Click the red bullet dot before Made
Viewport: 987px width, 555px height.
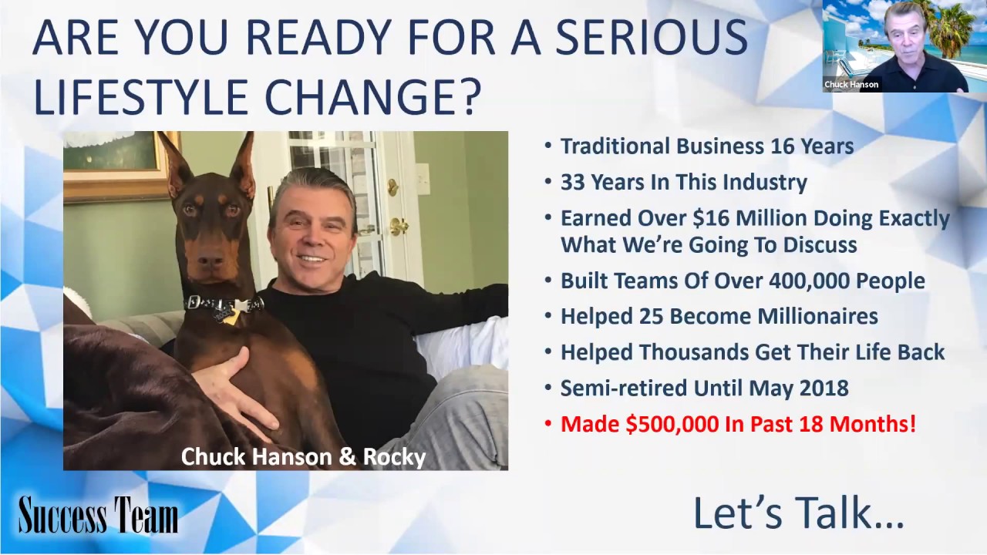(548, 424)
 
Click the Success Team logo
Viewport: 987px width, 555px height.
(98, 515)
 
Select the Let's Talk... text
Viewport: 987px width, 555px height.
(798, 513)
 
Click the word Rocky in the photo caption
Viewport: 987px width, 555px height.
(394, 457)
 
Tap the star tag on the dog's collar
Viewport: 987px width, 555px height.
(231, 312)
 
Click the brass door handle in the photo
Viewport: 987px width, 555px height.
(398, 227)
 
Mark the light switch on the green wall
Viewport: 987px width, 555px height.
(423, 179)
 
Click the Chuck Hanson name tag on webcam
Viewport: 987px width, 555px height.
(851, 85)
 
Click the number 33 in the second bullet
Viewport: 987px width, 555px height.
(573, 183)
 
